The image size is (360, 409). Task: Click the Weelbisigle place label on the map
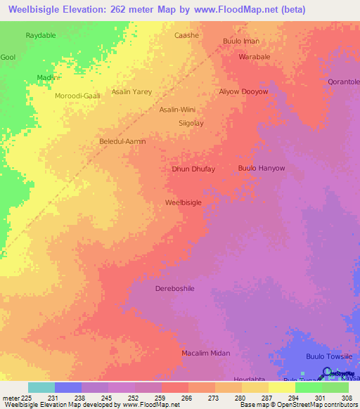[184, 202]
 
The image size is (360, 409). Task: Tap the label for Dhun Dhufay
[193, 169]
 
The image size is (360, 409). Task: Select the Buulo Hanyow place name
[262, 169]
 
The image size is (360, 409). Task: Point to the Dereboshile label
[174, 289]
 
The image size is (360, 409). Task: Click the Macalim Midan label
[206, 353]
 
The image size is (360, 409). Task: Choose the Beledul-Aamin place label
[122, 141]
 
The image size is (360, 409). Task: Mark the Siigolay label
[191, 123]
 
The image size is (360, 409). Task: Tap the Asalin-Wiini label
[177, 110]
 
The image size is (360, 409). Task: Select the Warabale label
[255, 57]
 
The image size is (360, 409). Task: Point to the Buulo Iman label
[241, 41]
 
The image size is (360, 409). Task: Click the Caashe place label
[187, 35]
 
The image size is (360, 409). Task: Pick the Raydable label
[41, 34]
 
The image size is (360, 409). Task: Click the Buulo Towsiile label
[329, 357]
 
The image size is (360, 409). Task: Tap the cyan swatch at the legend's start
[41, 387]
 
